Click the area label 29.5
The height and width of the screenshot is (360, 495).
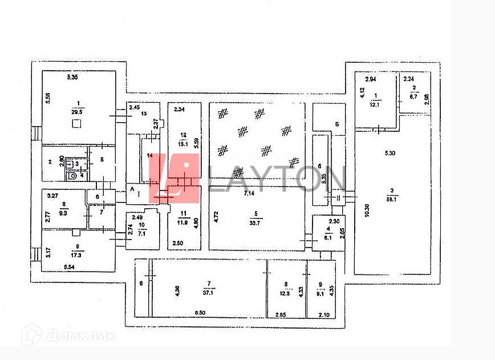(x=75, y=113)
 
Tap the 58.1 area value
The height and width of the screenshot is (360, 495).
(x=391, y=198)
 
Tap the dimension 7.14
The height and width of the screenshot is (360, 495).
(x=249, y=195)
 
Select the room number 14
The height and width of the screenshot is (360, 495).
(x=150, y=155)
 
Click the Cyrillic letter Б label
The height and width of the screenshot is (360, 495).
(x=338, y=123)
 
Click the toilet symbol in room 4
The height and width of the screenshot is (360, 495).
(x=72, y=176)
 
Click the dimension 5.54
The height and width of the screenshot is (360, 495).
(x=70, y=266)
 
